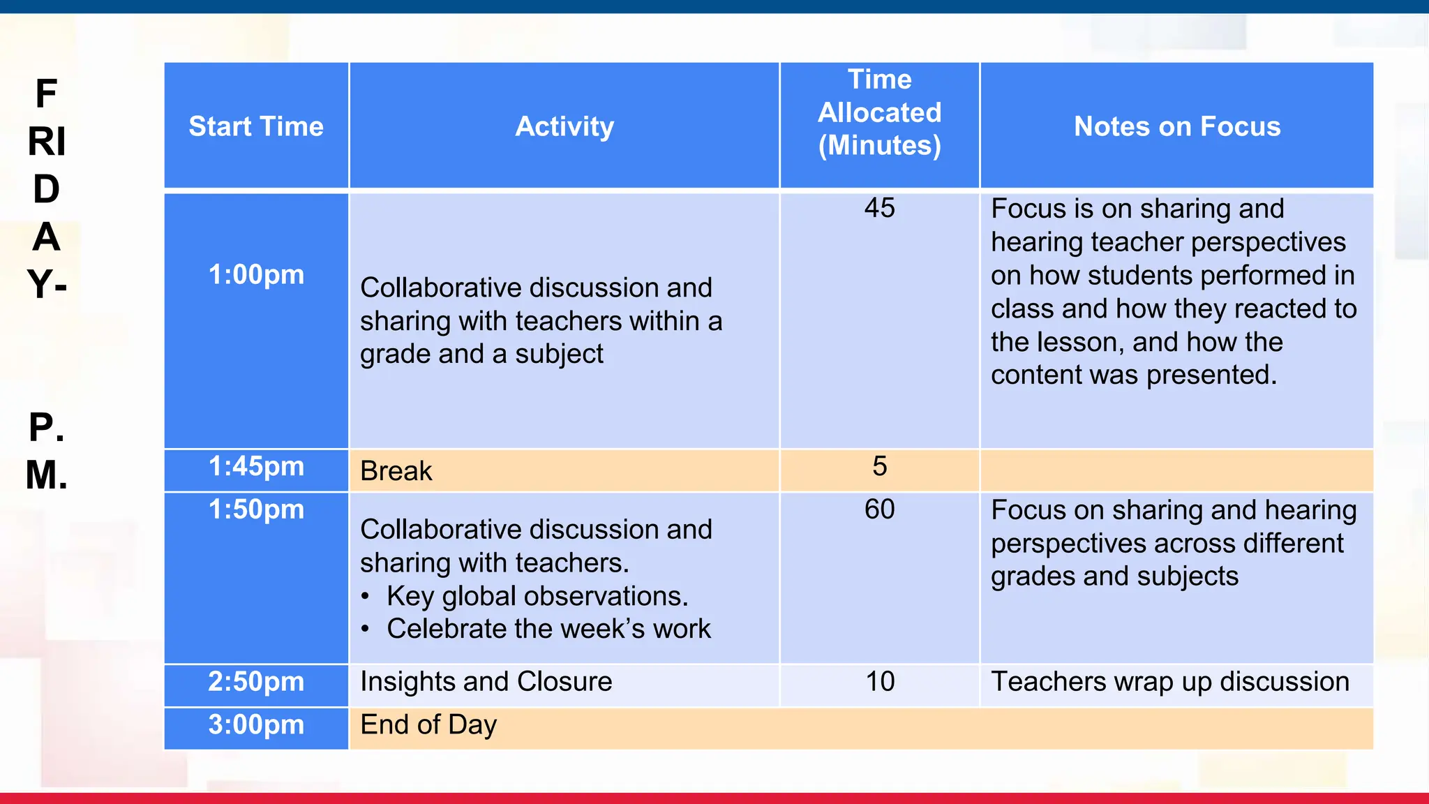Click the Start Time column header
256,126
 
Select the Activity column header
564,126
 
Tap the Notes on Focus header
1177,126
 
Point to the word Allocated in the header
879,112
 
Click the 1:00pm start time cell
256,275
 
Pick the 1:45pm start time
256,466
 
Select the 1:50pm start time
256,509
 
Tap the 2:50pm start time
256,681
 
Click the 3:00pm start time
256,724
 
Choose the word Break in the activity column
396,471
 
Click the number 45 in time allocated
879,208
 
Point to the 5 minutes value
879,466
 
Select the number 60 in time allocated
879,509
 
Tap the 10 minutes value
880,681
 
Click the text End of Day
428,724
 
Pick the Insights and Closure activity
486,681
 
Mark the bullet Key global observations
537,596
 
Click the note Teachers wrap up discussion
1170,681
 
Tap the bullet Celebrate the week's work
548,629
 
